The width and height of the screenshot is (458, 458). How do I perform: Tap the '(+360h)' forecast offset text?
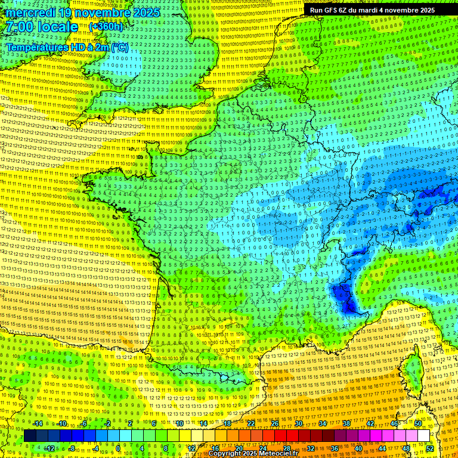pos(106,26)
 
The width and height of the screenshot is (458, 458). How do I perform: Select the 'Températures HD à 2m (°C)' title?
pos(67,47)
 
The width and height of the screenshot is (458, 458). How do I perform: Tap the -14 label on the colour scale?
pos(37,423)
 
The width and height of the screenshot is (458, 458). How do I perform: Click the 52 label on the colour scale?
pos(429,448)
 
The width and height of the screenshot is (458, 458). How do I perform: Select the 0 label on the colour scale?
pos(118,448)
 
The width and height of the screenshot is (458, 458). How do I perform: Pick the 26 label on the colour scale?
pos(275,423)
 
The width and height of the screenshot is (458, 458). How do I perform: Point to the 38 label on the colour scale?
pos(346,423)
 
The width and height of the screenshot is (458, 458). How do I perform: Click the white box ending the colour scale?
pos(423,436)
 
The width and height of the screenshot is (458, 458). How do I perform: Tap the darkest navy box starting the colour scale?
pos(30,436)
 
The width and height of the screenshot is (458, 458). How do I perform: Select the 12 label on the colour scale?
pos(191,448)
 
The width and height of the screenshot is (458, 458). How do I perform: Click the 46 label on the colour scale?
pos(394,423)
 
